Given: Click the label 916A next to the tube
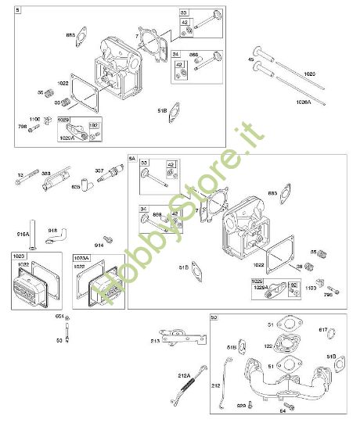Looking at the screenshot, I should pos(22,233).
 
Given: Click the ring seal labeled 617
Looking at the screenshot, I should pos(329,337).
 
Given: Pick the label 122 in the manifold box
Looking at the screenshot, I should pos(268,346).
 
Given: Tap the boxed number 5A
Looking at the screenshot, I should pos(133,159).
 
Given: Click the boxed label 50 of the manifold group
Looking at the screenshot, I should pos(214,318).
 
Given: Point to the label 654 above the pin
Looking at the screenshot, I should pos(59,316).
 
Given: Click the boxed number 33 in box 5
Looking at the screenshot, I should pos(184,13).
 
